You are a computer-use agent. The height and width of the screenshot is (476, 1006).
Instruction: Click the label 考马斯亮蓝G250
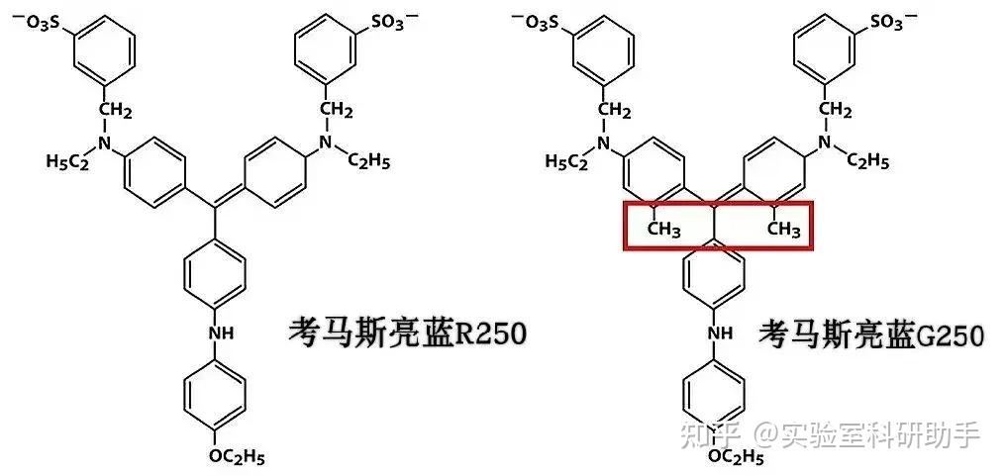(x=871, y=333)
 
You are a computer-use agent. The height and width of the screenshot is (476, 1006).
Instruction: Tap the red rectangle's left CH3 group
(x=663, y=231)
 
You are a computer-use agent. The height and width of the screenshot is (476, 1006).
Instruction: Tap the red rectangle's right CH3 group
(x=783, y=231)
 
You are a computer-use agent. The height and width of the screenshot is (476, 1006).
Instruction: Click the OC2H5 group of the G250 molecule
(x=735, y=456)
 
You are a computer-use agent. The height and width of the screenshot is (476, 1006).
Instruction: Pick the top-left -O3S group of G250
(x=549, y=22)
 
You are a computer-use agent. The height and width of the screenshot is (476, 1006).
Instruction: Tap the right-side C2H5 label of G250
(x=866, y=161)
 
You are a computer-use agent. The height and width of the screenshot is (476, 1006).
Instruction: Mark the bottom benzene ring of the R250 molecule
(x=214, y=395)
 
